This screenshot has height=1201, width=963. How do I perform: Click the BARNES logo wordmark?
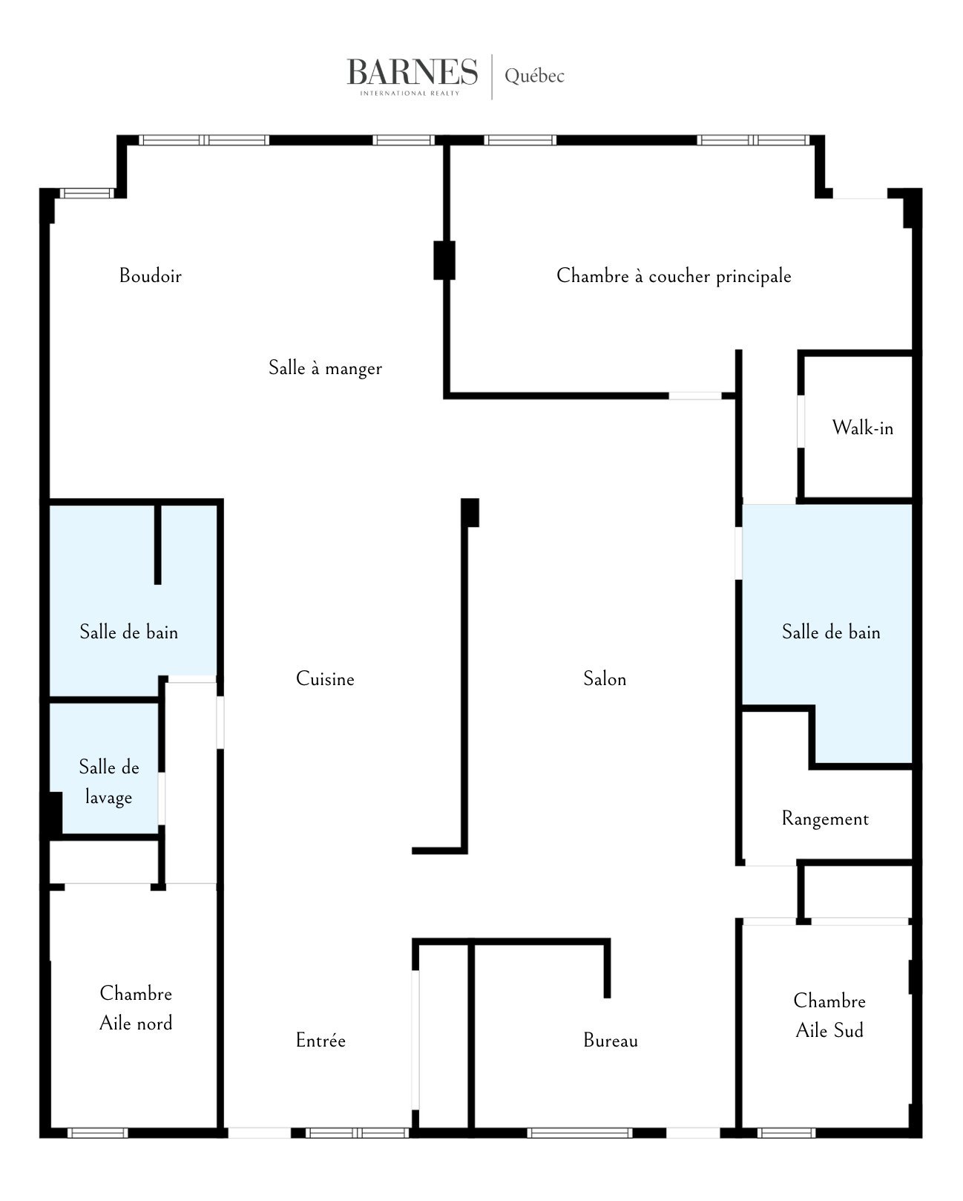pyautogui.click(x=413, y=72)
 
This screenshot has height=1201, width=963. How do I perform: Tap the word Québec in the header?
pyautogui.click(x=534, y=76)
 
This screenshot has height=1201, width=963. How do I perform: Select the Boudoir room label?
pyautogui.click(x=151, y=275)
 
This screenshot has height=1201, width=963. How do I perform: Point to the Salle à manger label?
pyautogui.click(x=325, y=367)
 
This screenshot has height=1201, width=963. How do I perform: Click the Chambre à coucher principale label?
pyautogui.click(x=674, y=275)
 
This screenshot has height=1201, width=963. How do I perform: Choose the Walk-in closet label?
pyautogui.click(x=863, y=428)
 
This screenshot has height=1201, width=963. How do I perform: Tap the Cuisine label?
pyautogui.click(x=325, y=678)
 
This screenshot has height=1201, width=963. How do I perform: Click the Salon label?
pyautogui.click(x=605, y=678)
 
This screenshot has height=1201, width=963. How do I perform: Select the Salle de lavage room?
pyautogui.click(x=109, y=782)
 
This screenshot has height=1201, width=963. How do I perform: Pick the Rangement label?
pyautogui.click(x=825, y=819)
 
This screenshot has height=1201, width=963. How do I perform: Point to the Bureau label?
pyautogui.click(x=611, y=1040)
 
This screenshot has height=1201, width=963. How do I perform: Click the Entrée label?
pyautogui.click(x=321, y=1040)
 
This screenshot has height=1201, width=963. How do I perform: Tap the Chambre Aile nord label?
pyautogui.click(x=136, y=1008)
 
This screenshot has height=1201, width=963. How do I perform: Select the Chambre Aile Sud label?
pyautogui.click(x=829, y=1015)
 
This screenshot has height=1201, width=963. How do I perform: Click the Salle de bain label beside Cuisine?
pyautogui.click(x=129, y=632)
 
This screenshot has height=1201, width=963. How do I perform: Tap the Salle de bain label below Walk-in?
pyautogui.click(x=832, y=632)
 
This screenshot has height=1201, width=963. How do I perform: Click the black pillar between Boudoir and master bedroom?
pyautogui.click(x=444, y=260)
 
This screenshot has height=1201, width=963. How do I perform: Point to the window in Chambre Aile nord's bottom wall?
pyautogui.click(x=98, y=1133)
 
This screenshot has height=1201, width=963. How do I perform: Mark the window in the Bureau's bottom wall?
pyautogui.click(x=579, y=1133)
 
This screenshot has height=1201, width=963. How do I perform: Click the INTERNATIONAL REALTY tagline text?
pyautogui.click(x=410, y=94)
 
